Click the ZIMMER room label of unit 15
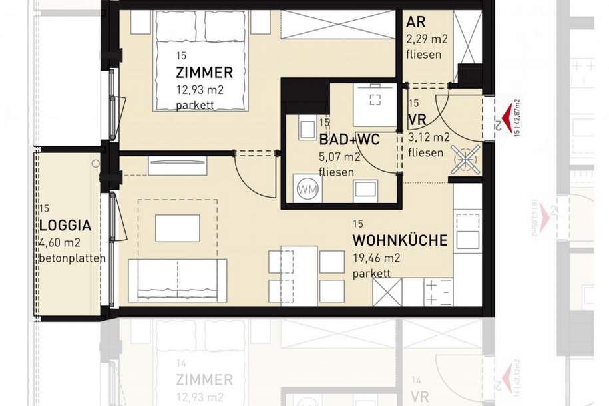(204, 73)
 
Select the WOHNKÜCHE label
(399, 240)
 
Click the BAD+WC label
(349, 140)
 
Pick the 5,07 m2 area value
(339, 158)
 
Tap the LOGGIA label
(65, 226)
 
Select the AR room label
(416, 21)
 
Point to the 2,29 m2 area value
(427, 39)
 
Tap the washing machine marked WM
(307, 188)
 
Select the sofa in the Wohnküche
(177, 279)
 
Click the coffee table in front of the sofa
(177, 228)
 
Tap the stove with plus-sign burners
(438, 291)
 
